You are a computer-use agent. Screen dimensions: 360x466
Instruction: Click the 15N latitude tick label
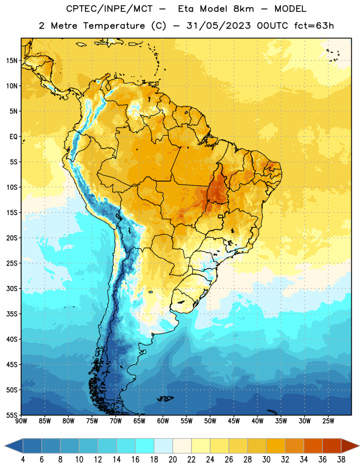pos(12,61)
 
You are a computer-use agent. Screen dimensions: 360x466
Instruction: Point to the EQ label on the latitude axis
pos(13,137)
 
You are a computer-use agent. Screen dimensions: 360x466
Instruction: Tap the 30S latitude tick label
pos(12,288)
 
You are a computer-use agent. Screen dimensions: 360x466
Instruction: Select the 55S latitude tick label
pos(12,415)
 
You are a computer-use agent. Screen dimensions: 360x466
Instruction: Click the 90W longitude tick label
pos(21,421)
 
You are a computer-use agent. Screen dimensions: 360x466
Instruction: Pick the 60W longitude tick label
pos(163,421)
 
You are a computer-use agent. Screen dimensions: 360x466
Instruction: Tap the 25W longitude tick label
pos(328,421)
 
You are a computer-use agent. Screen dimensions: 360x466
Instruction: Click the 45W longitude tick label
pos(234,421)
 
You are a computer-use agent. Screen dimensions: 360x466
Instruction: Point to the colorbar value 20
pos(172,460)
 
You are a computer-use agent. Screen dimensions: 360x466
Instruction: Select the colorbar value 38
pos(341,460)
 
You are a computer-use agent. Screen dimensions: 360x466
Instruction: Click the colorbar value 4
pos(23,460)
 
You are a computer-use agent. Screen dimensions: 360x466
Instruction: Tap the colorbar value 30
pos(266,460)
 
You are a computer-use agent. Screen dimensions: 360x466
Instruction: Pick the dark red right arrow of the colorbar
pos(350,446)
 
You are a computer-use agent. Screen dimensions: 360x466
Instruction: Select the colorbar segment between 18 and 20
pos(163,446)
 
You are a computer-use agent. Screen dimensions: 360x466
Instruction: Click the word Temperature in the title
pos(114,26)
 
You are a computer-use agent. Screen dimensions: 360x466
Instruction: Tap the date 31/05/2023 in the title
pos(218,26)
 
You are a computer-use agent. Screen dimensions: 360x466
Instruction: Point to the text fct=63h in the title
pos(314,26)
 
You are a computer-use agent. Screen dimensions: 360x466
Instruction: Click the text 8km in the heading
pos(243,9)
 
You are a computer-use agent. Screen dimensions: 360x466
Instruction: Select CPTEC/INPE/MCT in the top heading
pos(110,9)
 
